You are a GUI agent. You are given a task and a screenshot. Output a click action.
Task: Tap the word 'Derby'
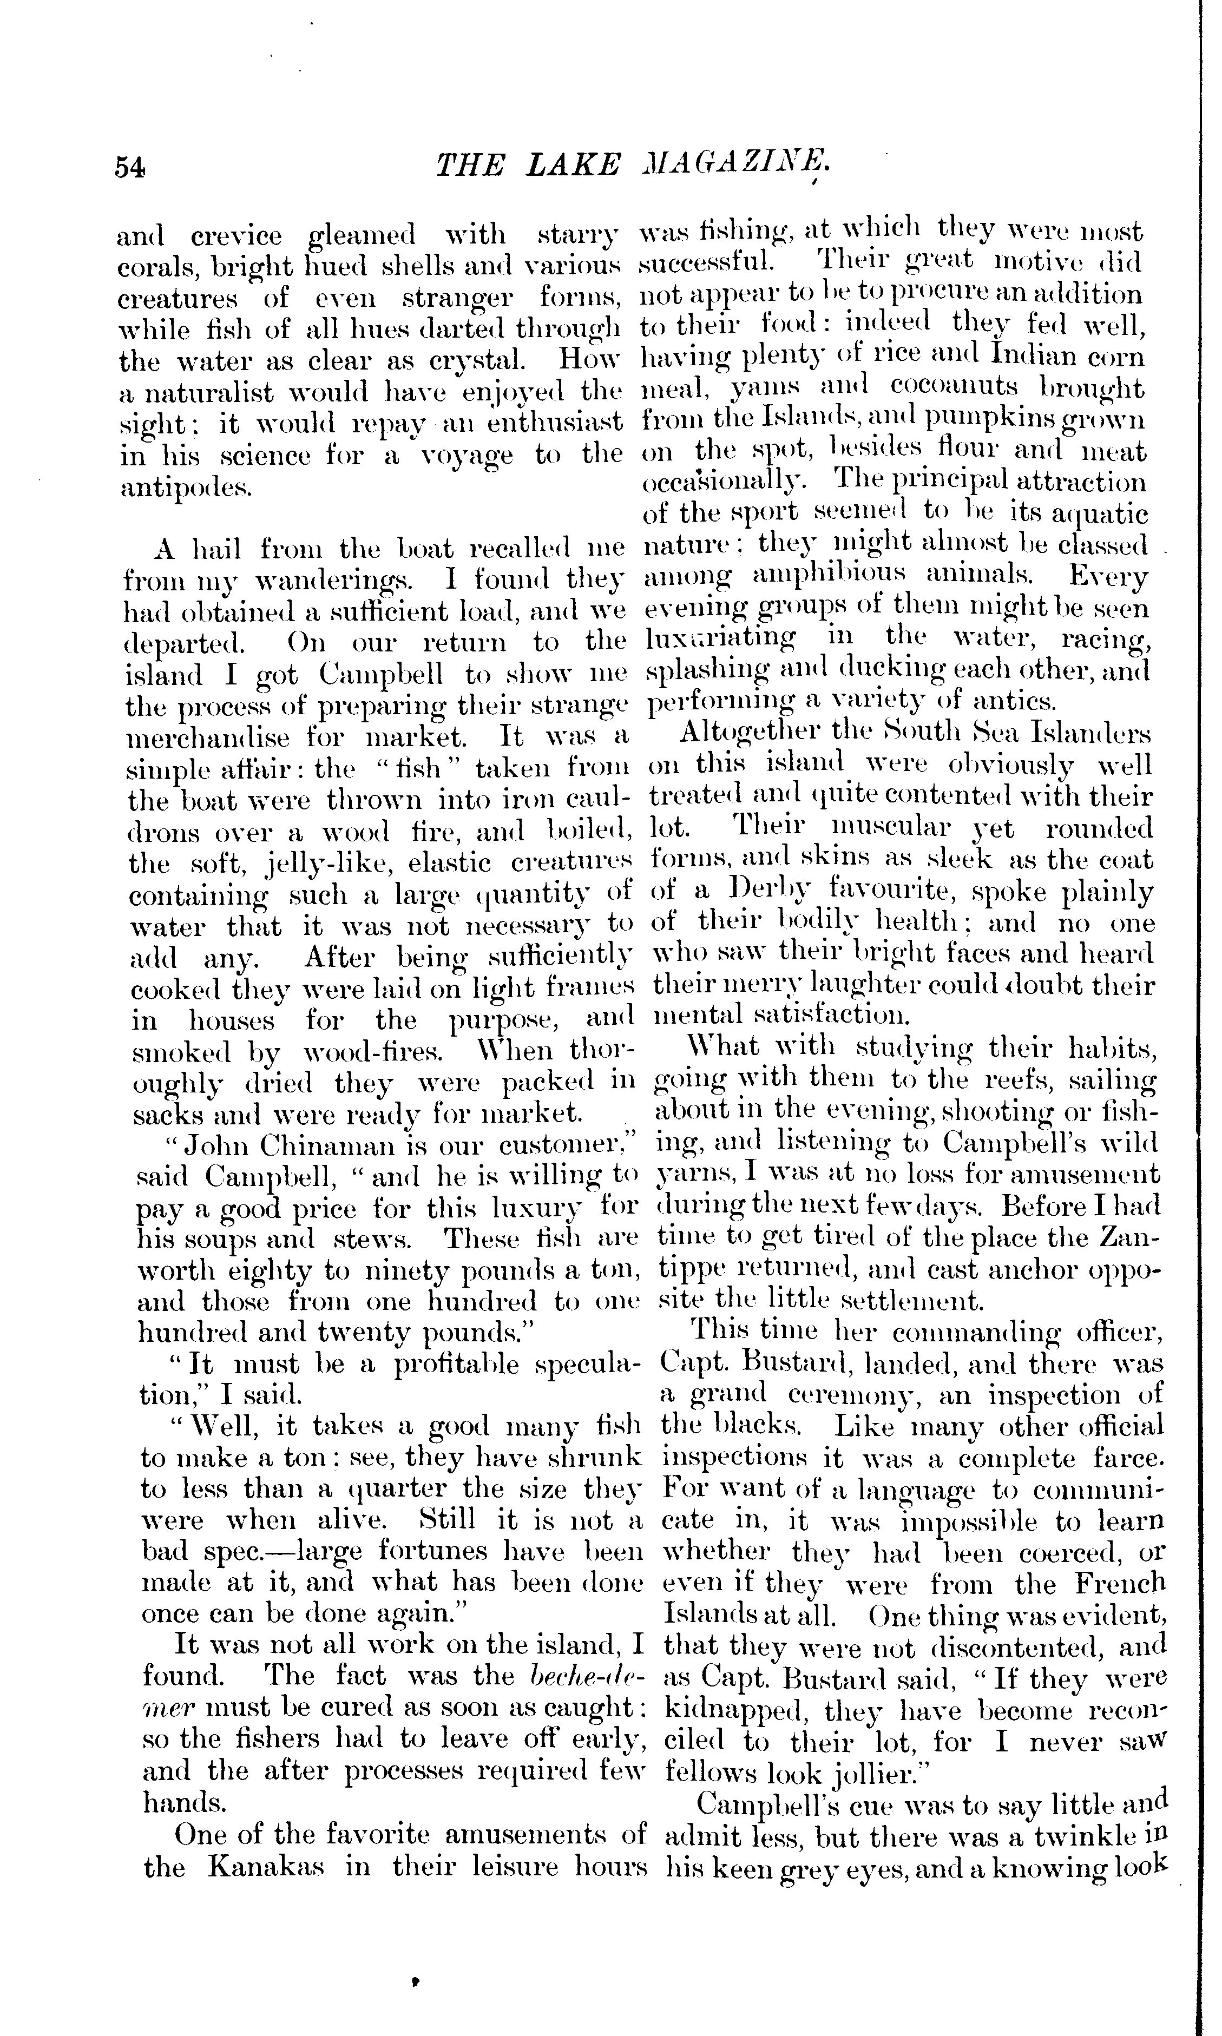pyautogui.click(x=755, y=892)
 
